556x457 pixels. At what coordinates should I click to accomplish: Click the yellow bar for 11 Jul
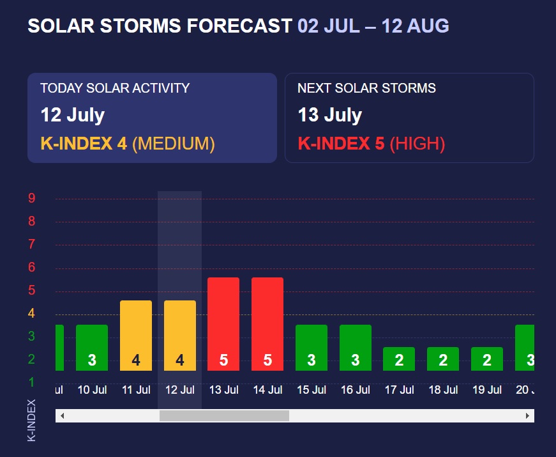tap(136, 335)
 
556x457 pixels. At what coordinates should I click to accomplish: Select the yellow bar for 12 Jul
tap(180, 335)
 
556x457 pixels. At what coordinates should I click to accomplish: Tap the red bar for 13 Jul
tap(223, 323)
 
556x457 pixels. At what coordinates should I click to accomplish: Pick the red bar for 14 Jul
tap(267, 323)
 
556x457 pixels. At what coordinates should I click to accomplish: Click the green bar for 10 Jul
tap(92, 347)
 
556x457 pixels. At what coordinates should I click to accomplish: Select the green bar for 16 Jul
tap(356, 347)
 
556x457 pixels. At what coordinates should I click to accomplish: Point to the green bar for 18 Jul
tap(443, 359)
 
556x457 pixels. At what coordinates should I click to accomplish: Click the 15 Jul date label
tap(312, 389)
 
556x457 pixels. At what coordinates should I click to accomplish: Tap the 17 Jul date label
tap(400, 389)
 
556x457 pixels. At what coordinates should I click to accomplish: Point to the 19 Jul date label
tap(487, 389)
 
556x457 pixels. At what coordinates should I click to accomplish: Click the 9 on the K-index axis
tap(31, 198)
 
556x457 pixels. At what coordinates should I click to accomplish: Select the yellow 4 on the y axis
tap(31, 313)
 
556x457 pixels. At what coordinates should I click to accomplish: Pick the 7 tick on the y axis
tap(31, 244)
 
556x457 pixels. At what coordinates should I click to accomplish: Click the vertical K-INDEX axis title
tap(32, 420)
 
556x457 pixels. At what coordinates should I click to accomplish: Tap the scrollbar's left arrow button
tap(62, 416)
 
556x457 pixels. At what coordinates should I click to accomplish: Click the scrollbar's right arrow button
tap(528, 416)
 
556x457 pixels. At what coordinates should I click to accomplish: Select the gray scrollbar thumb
tap(224, 416)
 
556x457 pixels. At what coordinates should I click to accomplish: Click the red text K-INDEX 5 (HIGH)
tap(371, 144)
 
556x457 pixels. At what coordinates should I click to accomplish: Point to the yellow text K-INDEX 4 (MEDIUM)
tap(128, 144)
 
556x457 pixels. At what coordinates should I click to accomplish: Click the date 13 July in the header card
tap(329, 116)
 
